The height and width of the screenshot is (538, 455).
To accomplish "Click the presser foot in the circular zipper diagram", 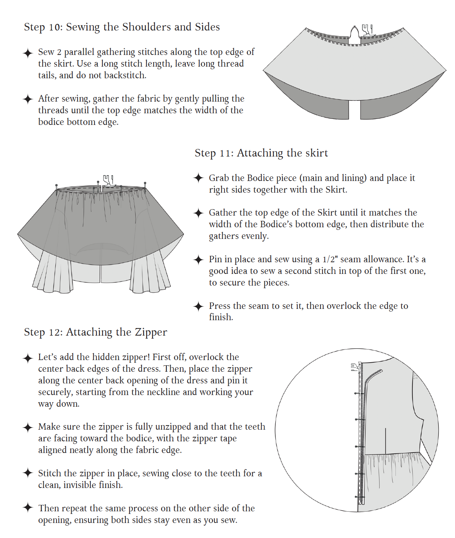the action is [356, 367].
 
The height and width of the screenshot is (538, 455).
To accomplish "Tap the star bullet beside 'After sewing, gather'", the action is [28, 99].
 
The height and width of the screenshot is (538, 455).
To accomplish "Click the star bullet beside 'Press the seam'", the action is [198, 306].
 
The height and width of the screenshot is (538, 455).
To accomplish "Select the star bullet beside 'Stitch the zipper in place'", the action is [28, 473].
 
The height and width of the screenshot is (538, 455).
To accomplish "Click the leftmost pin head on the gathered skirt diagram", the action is [56, 185].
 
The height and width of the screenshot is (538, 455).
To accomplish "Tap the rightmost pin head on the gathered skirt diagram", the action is [145, 183].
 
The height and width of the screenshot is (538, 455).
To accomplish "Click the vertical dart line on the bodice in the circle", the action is [386, 441].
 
